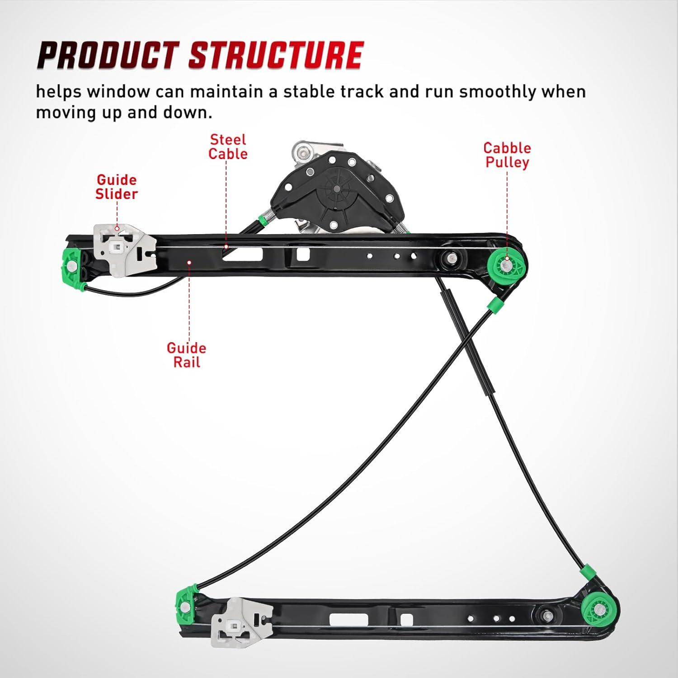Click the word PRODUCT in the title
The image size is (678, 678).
[x=108, y=56]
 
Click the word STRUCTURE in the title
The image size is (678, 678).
[x=276, y=56]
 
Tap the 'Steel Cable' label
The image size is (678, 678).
[x=228, y=147]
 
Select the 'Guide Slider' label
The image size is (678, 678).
[x=117, y=187]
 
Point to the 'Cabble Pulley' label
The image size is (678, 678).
[x=507, y=155]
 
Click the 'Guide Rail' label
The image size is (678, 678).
[x=186, y=355]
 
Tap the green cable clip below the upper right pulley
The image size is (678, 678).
[x=494, y=305]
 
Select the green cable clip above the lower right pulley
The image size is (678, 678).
[x=588, y=570]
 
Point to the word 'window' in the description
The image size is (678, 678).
[x=118, y=92]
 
